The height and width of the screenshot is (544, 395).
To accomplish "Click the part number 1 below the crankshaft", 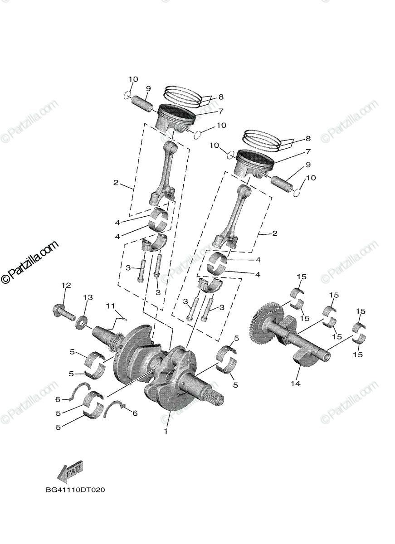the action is pyautogui.click(x=166, y=431).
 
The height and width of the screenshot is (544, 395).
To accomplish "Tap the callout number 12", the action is pyautogui.click(x=66, y=285).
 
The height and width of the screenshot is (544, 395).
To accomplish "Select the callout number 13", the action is pyautogui.click(x=88, y=297).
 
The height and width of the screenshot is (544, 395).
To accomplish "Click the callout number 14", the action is pyautogui.click(x=296, y=383).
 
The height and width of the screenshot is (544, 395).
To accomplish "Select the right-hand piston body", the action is pyautogui.click(x=253, y=164).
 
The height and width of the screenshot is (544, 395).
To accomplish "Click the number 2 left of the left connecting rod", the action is pyautogui.click(x=116, y=183).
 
